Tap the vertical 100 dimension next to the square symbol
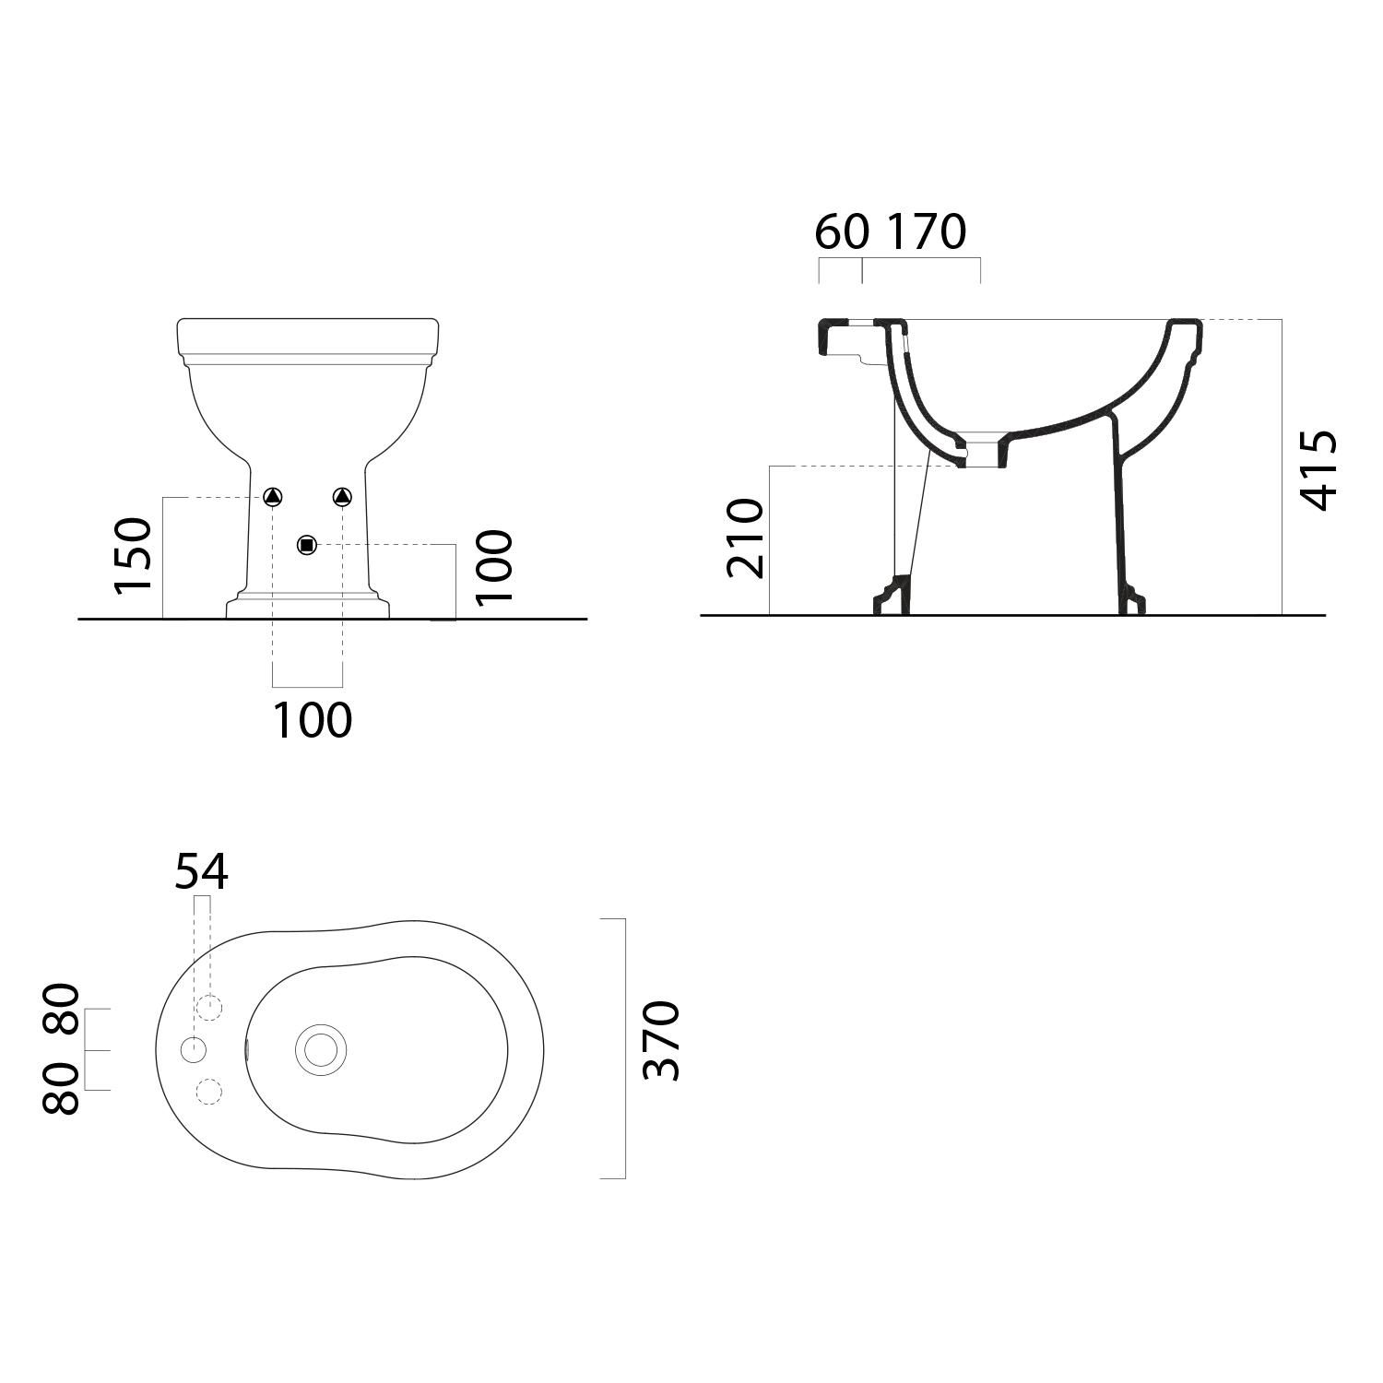[x=494, y=566]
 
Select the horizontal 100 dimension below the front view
[x=313, y=720]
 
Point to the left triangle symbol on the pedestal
[x=273, y=497]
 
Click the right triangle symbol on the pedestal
[x=342, y=497]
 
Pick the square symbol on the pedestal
[x=307, y=545]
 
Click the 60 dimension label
[x=842, y=231]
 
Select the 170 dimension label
[x=927, y=231]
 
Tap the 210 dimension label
[x=746, y=538]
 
